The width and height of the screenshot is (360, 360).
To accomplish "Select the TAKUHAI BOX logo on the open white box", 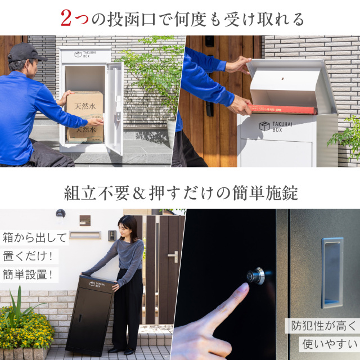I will tap(85, 55).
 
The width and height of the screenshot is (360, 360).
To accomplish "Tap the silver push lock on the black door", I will tap(256, 276).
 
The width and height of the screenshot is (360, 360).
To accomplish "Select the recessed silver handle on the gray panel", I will tap(332, 273).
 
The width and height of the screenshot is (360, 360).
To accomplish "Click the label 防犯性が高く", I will tap(323, 325).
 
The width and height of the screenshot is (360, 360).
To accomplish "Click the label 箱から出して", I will tap(35, 237).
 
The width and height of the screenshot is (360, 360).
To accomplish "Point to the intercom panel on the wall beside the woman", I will tap(112, 235).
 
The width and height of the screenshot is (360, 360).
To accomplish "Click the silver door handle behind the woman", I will tap(174, 255).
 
